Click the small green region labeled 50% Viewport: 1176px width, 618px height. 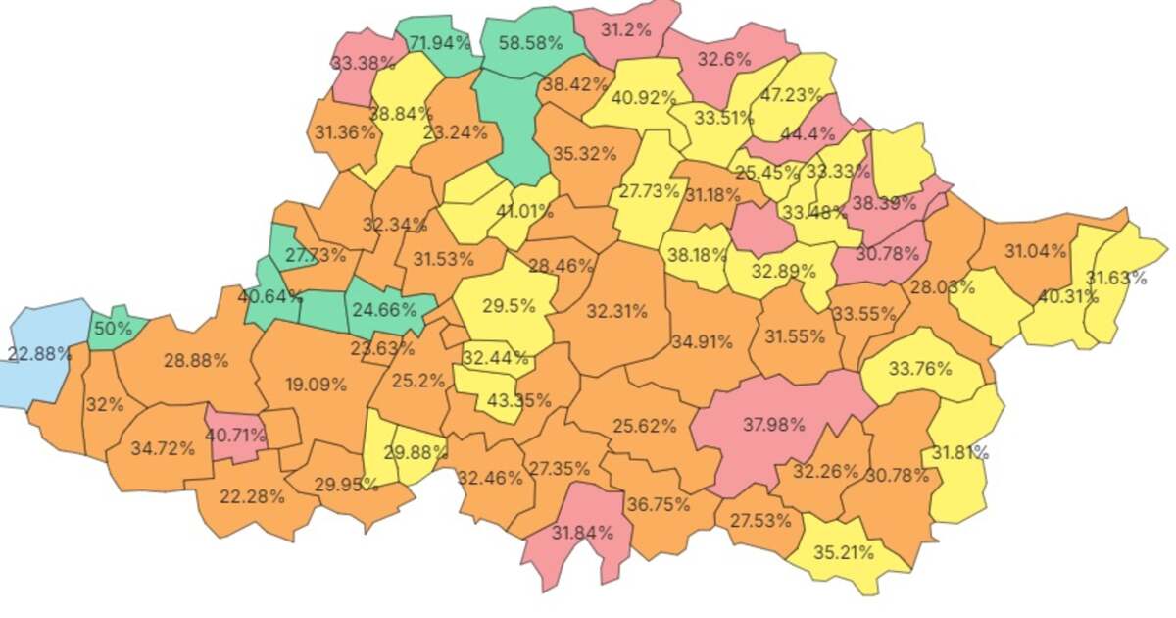click(113, 328)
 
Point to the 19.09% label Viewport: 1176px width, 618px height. click(316, 385)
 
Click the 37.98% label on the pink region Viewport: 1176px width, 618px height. click(774, 425)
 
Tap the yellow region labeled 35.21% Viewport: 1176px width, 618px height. click(844, 552)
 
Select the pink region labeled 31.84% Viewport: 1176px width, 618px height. click(582, 533)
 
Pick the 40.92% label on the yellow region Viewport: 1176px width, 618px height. click(644, 98)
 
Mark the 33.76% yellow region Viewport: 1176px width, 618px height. click(920, 369)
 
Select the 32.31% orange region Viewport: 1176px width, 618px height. click(616, 312)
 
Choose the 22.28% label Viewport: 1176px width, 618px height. click(253, 496)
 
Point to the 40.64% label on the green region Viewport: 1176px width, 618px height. click(269, 294)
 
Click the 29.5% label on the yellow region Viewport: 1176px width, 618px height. click(509, 305)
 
